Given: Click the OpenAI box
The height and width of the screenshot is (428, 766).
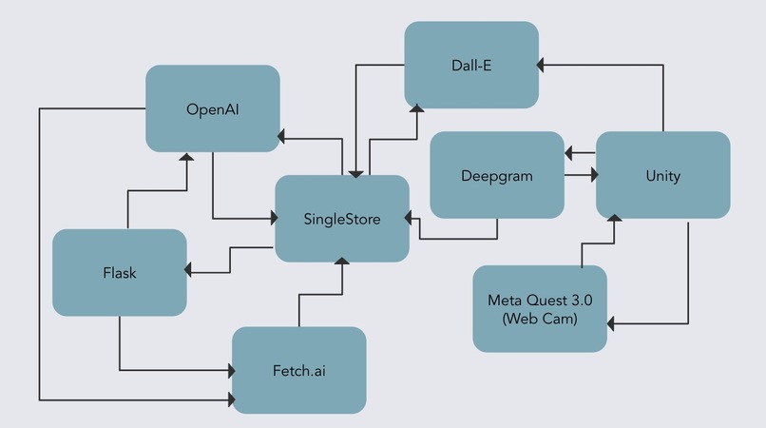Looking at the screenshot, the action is (213, 108).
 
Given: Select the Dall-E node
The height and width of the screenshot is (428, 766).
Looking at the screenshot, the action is (471, 65).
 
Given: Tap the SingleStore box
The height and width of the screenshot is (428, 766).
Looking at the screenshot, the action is (342, 219).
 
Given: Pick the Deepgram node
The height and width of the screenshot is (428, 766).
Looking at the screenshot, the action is (497, 175).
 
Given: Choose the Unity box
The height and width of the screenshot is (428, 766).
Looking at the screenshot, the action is (663, 175).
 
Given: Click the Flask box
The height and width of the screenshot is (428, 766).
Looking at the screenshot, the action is (120, 272).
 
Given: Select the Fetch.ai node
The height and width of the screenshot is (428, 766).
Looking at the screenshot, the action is (299, 370).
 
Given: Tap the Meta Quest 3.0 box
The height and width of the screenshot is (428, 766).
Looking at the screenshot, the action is (540, 309).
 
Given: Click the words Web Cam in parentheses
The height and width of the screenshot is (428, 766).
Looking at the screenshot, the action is (540, 319).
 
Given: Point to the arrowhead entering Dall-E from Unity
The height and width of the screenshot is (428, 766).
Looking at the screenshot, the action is (540, 65).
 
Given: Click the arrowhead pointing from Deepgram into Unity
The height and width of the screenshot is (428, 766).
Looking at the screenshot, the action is (595, 175).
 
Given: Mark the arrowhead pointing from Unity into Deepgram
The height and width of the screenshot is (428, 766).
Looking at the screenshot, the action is (568, 153).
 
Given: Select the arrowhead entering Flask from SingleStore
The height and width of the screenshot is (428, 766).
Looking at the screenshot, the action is (187, 269).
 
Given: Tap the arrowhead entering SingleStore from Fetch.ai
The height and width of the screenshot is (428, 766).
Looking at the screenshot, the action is (342, 262).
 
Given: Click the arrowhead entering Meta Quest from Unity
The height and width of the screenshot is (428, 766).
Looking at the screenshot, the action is (611, 323).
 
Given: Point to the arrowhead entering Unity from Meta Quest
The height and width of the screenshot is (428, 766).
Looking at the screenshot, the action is (614, 218).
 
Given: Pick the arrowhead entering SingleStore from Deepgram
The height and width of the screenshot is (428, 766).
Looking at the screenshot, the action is (409, 218).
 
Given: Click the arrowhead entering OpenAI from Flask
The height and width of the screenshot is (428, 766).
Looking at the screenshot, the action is (186, 157).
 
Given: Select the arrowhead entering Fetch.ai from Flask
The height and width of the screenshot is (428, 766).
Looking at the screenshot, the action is (232, 370).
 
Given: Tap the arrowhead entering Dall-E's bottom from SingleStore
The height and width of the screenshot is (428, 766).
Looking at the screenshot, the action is (416, 108).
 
